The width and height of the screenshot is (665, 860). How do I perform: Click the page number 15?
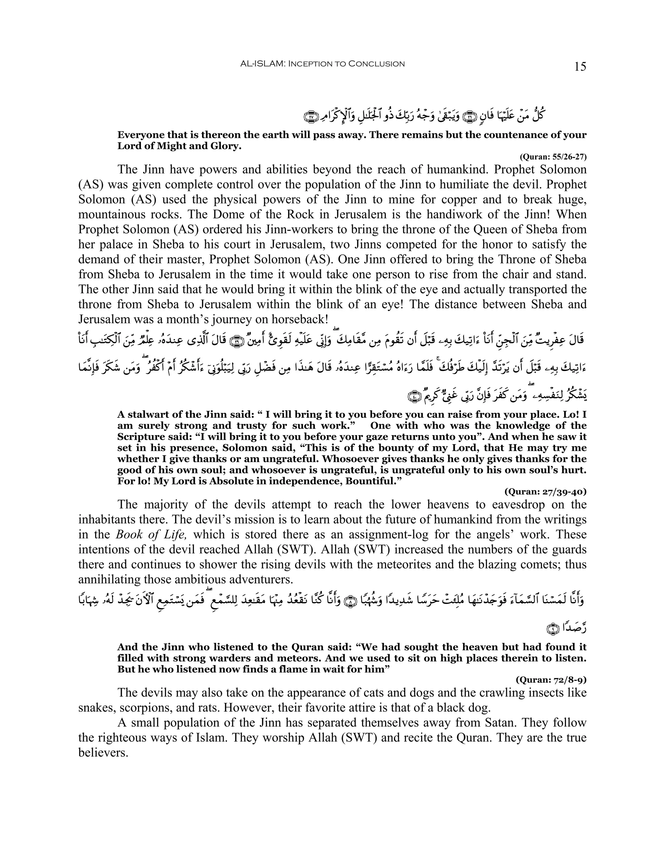point(580,67)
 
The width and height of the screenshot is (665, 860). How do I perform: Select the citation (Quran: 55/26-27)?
point(553,157)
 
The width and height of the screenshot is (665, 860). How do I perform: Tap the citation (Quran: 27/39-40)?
point(545,492)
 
